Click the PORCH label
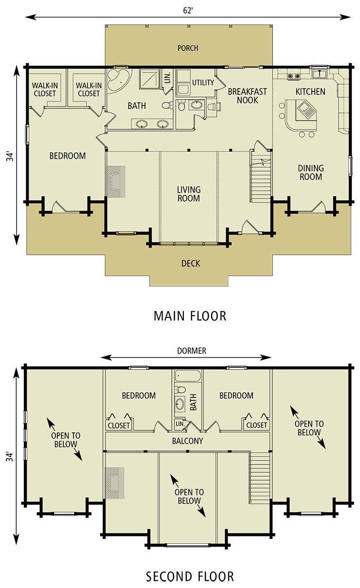tap(188, 48)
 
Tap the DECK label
tap(191, 264)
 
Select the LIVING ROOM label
tap(188, 194)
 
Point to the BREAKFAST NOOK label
tap(247, 96)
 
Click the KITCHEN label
tap(310, 91)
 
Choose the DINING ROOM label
tap(311, 173)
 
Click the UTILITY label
tap(203, 83)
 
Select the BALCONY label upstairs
tap(187, 441)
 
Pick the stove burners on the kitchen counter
tap(293, 76)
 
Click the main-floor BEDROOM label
tap(68, 156)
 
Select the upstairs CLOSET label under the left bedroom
tap(119, 426)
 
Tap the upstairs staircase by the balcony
tap(259, 477)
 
